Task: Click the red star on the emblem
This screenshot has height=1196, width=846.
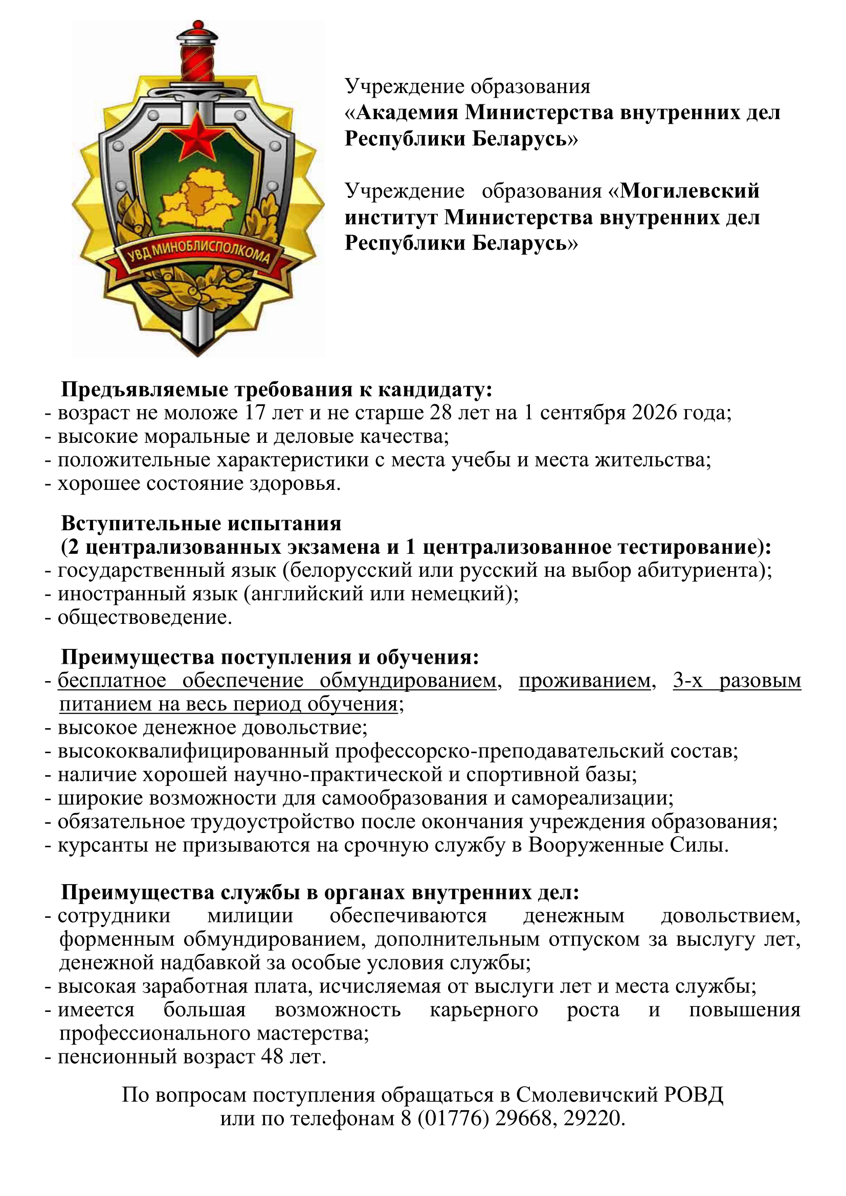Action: coord(197,139)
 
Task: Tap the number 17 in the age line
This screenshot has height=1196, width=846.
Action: coord(255,413)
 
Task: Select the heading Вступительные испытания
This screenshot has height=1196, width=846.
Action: coord(201,523)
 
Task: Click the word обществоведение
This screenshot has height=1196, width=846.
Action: coord(144,617)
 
